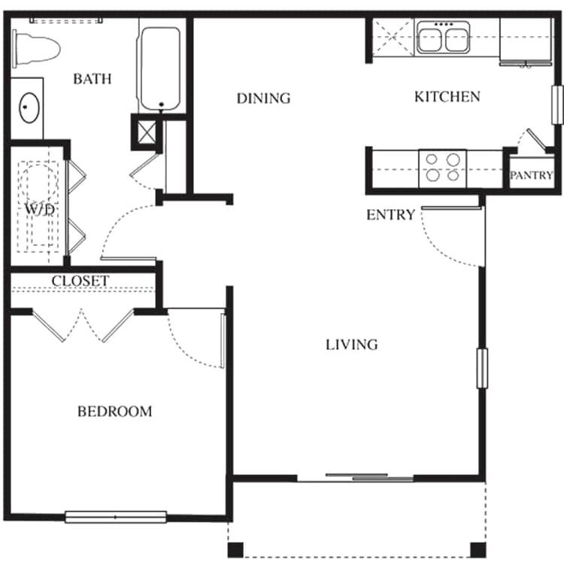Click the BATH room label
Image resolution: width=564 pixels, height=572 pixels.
[x=92, y=79]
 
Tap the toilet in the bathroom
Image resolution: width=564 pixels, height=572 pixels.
[x=36, y=49]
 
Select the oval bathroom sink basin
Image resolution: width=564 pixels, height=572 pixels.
[x=29, y=108]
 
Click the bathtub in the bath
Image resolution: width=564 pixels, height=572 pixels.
[x=160, y=68]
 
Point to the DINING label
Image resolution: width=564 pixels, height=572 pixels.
[x=264, y=98]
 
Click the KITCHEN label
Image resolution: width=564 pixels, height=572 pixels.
[x=447, y=96]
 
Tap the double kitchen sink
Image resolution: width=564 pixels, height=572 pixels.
[x=444, y=37]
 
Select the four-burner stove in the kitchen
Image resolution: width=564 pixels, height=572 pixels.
[x=443, y=169]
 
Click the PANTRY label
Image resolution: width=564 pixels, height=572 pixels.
[x=532, y=175]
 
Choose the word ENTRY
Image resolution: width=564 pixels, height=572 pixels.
[x=390, y=214]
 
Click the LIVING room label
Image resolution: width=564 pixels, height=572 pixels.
[x=351, y=345]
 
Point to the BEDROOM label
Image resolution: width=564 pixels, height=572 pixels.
[x=115, y=412]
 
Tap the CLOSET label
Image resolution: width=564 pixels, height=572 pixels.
[x=80, y=281]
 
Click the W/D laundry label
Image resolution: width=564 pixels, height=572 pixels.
[x=40, y=209]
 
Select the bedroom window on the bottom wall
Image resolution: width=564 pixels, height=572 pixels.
[x=116, y=517]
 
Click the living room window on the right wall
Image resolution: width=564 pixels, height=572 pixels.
[x=482, y=369]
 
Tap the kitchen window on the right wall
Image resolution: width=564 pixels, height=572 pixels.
[x=557, y=105]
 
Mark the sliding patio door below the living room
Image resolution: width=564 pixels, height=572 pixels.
[x=356, y=478]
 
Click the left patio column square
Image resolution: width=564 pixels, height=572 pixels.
[x=235, y=549]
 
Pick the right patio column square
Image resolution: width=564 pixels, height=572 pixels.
[x=478, y=549]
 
